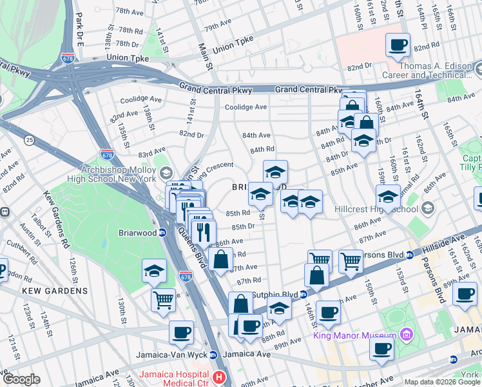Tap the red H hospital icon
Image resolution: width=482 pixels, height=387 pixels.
pyautogui.click(x=220, y=377)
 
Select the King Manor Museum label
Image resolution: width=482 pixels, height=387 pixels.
pyautogui.click(x=354, y=335)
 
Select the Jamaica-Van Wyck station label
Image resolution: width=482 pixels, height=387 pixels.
pyautogui.click(x=175, y=355)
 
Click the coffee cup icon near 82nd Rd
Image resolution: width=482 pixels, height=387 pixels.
pyautogui.click(x=398, y=45)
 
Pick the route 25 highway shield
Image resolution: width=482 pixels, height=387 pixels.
pyautogui.click(x=29, y=140)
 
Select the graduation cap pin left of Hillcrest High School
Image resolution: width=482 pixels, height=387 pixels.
pyautogui.click(x=389, y=195)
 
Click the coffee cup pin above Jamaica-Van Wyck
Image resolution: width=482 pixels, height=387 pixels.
pyautogui.click(x=182, y=332)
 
